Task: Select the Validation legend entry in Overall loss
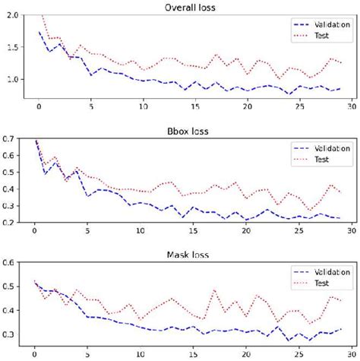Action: pyautogui.click(x=323, y=24)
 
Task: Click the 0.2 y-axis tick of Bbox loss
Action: pyautogui.click(x=8, y=222)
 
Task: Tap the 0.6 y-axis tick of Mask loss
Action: pyautogui.click(x=8, y=263)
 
